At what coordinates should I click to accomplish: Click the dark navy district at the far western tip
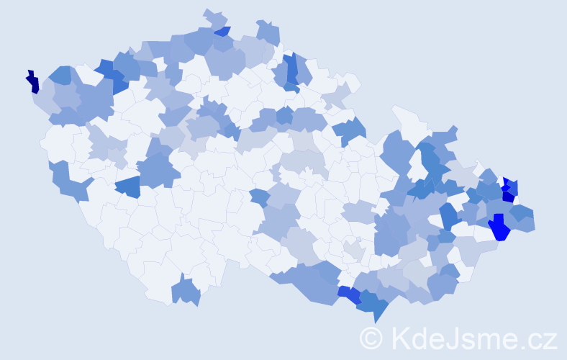[x=32, y=81]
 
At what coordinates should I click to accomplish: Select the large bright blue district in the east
[x=499, y=228]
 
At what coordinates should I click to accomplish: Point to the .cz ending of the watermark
[x=537, y=338]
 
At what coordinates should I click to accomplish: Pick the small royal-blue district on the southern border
[x=350, y=294]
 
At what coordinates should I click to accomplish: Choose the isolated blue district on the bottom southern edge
[x=186, y=291]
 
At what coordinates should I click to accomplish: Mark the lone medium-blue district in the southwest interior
[x=128, y=187]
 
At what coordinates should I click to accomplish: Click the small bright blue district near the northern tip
[x=222, y=31]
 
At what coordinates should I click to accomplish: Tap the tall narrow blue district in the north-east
[x=291, y=69]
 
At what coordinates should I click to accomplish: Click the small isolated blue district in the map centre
[x=260, y=197]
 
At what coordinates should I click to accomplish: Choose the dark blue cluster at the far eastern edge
[x=509, y=189]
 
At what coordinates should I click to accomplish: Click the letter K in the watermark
[x=399, y=338]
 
